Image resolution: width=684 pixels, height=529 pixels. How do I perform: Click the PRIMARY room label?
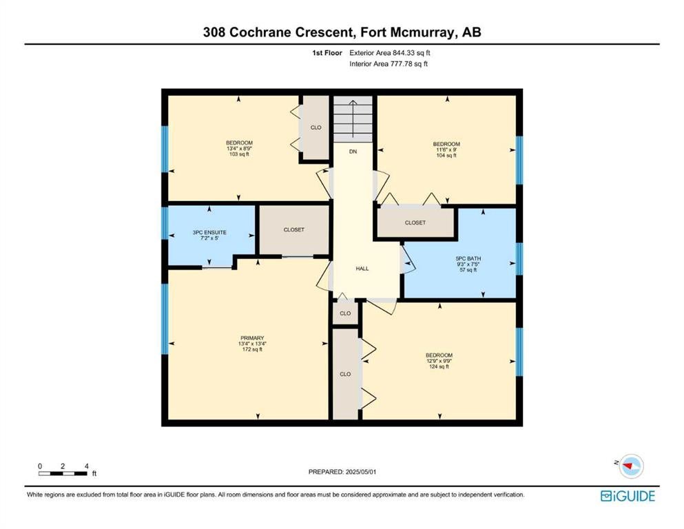click(252, 338)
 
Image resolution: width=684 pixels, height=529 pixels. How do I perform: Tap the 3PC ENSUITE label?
click(209, 232)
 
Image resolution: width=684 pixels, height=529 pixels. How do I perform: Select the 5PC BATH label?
click(468, 258)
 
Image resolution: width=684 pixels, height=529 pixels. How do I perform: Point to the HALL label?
click(362, 269)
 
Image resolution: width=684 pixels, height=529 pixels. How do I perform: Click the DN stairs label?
click(353, 152)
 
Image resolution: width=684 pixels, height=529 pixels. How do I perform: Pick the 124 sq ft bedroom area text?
click(439, 366)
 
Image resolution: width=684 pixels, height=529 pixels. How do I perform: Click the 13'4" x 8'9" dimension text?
click(240, 148)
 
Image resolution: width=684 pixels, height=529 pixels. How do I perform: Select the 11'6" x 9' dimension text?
click(446, 149)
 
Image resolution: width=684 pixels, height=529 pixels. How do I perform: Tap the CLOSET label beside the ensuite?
click(293, 229)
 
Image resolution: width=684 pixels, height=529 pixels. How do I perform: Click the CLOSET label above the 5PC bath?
click(415, 222)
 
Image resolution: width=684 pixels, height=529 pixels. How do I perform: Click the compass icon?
click(631, 466)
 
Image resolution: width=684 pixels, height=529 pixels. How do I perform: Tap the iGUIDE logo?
click(628, 496)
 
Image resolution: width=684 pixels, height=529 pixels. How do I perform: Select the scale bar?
click(63, 473)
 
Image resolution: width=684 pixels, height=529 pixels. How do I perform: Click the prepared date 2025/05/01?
click(360, 471)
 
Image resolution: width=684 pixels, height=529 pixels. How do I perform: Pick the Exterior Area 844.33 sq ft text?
click(390, 53)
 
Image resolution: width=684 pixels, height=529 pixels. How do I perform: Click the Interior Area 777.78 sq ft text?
click(388, 63)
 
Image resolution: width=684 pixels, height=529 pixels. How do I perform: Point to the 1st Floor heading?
click(327, 53)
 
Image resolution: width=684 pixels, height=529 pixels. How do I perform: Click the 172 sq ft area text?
click(252, 349)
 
